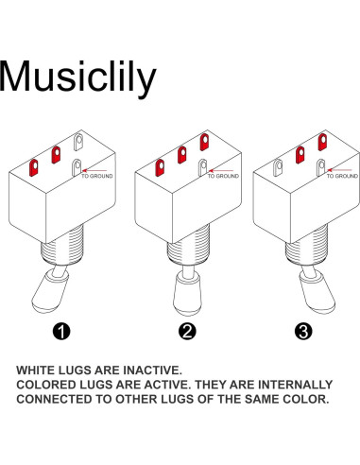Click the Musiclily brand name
[x=77, y=77]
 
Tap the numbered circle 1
[x=61, y=331]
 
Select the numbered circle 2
[x=187, y=331]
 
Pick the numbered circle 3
[x=303, y=331]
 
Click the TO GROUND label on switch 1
[x=96, y=176]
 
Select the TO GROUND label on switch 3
[x=342, y=176]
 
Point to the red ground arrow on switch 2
[x=221, y=170]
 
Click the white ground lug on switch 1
[x=77, y=167]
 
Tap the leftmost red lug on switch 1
[x=33, y=167]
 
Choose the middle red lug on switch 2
[x=181, y=155]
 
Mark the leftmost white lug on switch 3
[x=278, y=167]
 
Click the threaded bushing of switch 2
[x=188, y=246]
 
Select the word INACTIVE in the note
[x=152, y=370]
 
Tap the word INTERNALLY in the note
[x=295, y=385]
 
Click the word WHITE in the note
[x=35, y=370]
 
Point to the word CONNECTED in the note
[x=55, y=399]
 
